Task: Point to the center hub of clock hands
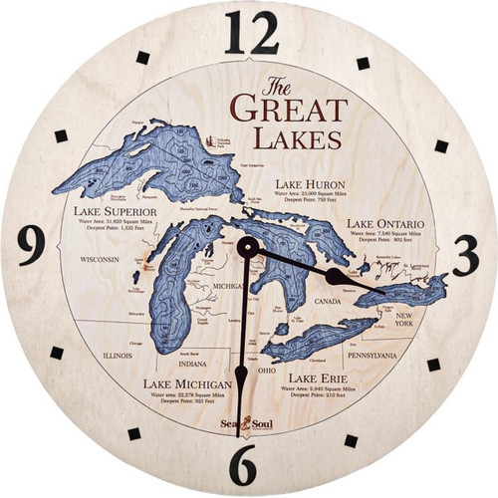[x=246, y=247]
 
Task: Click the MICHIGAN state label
[x=229, y=285]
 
